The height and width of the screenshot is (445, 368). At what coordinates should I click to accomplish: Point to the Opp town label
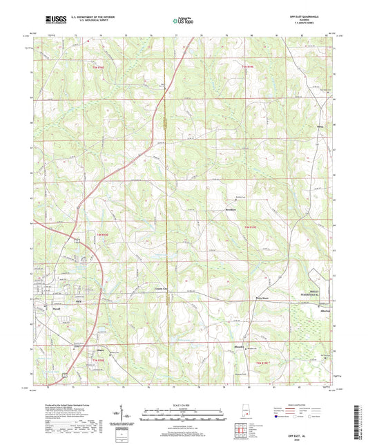pyautogui.click(x=78, y=302)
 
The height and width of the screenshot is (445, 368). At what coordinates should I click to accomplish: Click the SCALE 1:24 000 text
pyautogui.click(x=184, y=404)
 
